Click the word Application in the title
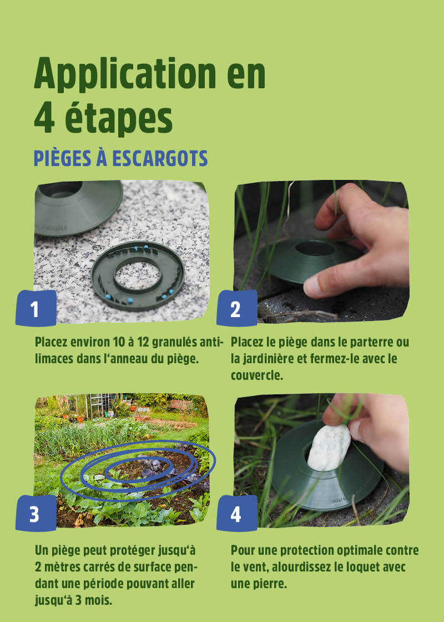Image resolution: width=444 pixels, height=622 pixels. [125, 74]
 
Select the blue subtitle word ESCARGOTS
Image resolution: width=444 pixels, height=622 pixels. [160, 158]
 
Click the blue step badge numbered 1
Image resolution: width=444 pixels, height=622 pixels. [36, 308]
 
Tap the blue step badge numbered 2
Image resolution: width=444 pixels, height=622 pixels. [236, 308]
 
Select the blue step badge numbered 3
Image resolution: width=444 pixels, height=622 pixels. [36, 513]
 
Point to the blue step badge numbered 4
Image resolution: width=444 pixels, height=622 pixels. [236, 513]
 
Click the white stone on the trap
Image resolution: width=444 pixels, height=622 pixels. [329, 448]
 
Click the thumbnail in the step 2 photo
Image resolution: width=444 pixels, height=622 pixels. [313, 287]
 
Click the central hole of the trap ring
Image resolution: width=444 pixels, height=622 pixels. [137, 275]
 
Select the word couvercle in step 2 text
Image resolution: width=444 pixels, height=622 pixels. [257, 375]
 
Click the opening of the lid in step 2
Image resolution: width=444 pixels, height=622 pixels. [315, 248]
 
